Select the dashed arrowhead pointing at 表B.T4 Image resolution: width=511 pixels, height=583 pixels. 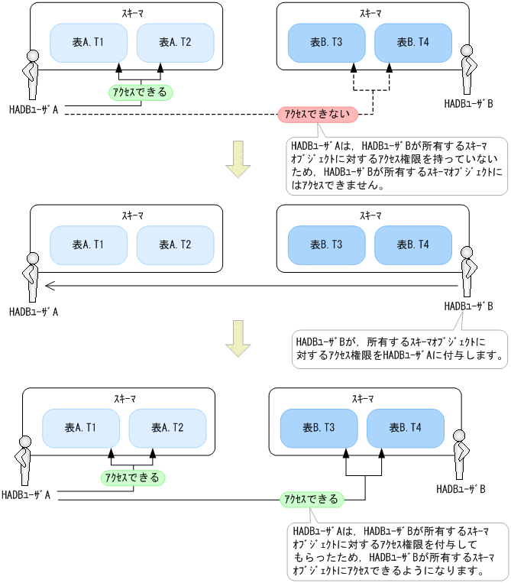(x=389, y=68)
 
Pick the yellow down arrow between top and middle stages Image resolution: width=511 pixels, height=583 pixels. (x=238, y=159)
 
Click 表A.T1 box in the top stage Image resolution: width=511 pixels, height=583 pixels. (x=88, y=43)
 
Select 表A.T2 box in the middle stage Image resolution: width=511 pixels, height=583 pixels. (x=175, y=245)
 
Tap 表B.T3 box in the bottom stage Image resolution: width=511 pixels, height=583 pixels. (x=319, y=427)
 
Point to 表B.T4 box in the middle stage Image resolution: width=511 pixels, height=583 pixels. (x=413, y=245)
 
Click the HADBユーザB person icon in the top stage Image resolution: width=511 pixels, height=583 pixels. (x=469, y=70)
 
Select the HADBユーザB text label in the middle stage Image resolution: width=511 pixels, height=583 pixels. (x=469, y=306)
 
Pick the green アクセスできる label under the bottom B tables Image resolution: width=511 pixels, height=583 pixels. (x=311, y=499)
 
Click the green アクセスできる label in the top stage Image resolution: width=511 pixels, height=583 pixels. (x=141, y=92)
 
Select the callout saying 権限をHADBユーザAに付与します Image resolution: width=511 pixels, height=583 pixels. (x=399, y=348)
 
